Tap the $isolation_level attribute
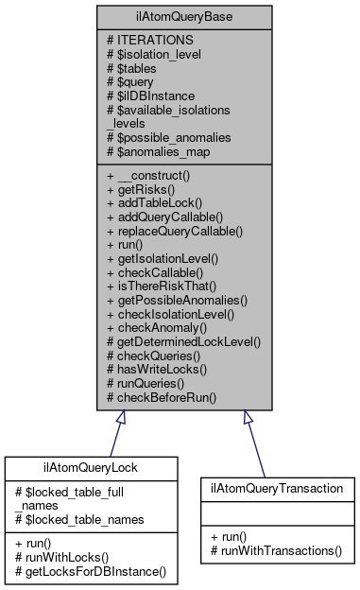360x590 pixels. tap(155, 54)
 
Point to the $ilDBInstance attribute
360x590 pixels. tap(150, 95)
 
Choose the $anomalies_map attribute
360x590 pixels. tap(159, 151)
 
